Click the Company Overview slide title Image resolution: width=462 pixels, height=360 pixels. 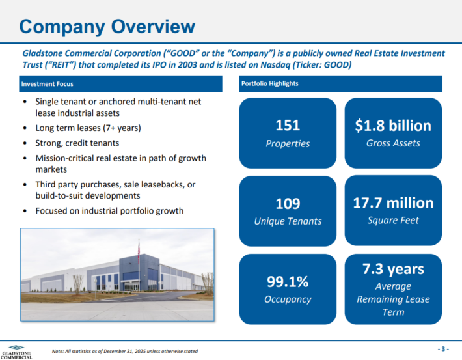(107, 26)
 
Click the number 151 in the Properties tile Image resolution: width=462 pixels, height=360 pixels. (288, 126)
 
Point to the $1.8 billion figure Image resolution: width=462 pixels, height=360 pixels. (393, 126)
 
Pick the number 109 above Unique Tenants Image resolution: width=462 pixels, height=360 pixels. (288, 203)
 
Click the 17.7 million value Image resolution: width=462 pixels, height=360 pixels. (393, 202)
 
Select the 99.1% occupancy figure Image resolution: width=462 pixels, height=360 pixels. (288, 281)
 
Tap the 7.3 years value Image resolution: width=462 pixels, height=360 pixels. (393, 269)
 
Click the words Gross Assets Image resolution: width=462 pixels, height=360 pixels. (393, 143)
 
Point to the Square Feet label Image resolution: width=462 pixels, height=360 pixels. (393, 220)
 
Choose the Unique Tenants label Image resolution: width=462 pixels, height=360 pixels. (288, 221)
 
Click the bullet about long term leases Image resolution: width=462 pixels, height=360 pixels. (88, 128)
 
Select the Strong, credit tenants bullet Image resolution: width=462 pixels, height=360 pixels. (77, 143)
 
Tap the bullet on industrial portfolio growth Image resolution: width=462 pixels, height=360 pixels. (109, 210)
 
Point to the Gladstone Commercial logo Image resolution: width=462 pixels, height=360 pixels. (16, 352)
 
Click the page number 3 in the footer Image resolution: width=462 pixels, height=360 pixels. (442, 349)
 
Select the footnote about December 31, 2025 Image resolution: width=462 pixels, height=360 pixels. (125, 352)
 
